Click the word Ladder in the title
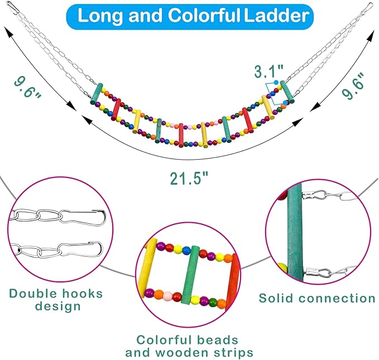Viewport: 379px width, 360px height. click(276, 16)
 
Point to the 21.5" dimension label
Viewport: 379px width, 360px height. click(189, 179)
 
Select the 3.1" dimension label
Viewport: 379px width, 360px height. click(268, 71)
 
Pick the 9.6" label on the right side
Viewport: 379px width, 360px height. click(353, 86)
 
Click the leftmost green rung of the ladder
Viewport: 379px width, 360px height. click(97, 94)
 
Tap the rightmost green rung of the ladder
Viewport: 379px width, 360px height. click(287, 92)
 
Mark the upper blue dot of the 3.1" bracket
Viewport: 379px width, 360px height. click(276, 83)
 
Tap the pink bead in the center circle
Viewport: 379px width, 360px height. click(167, 295)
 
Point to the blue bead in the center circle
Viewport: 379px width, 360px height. click(186, 251)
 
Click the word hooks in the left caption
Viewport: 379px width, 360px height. click(83, 294)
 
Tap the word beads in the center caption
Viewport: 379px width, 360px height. click(218, 340)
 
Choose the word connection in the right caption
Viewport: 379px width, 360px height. click(337, 298)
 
